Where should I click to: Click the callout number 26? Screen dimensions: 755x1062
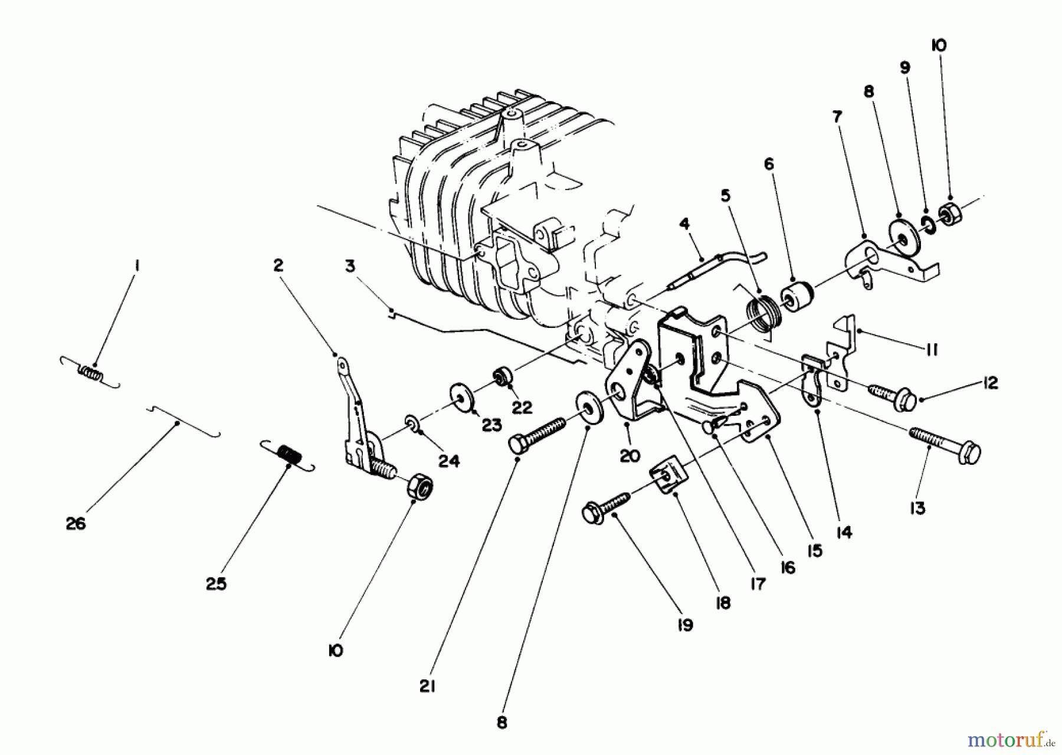[x=76, y=523]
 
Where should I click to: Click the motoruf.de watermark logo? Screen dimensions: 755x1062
[x=1009, y=737]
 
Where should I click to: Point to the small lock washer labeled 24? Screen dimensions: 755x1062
[x=412, y=422]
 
